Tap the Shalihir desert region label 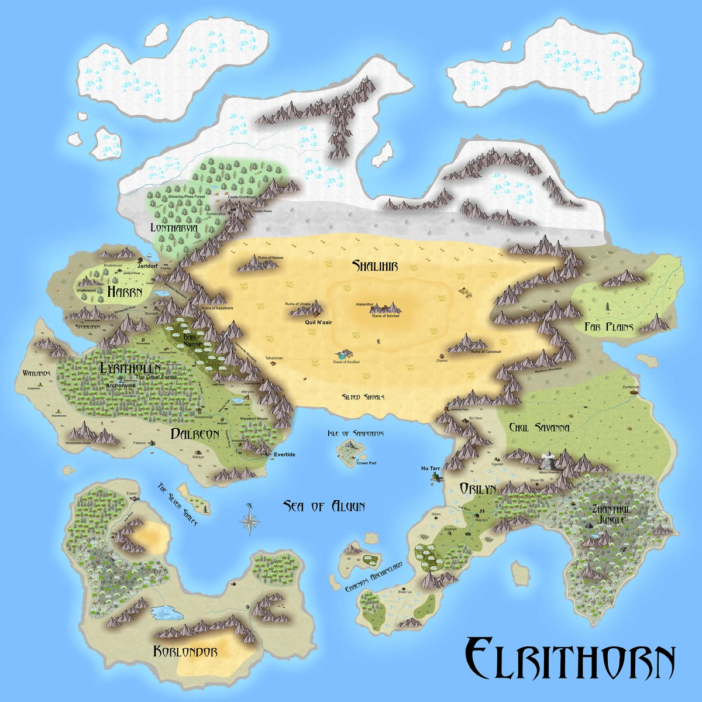[375, 266]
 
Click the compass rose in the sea [250, 519]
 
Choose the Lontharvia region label [174, 228]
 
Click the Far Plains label [608, 327]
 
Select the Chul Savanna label [539, 428]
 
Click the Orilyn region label [477, 488]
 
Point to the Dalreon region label [195, 433]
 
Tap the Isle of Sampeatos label [356, 433]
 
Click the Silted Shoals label [363, 397]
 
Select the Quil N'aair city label [318, 322]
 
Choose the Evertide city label [284, 455]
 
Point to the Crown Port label [366, 463]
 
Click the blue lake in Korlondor [167, 612]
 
